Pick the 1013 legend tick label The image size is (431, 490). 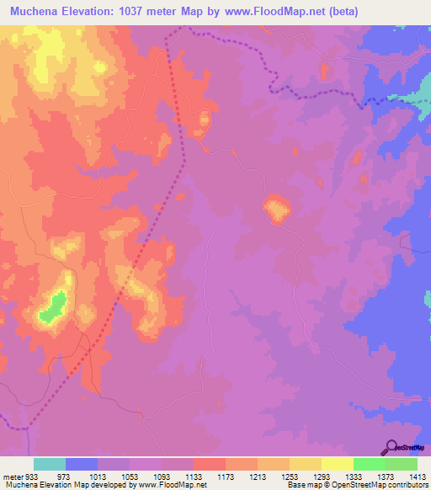pyautogui.click(x=98, y=476)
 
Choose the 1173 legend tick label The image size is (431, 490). pyautogui.click(x=226, y=476)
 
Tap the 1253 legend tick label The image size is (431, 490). pyautogui.click(x=290, y=476)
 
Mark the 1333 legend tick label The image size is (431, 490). pyautogui.click(x=354, y=476)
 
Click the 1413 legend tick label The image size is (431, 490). pyautogui.click(x=418, y=476)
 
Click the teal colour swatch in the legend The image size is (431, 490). pyautogui.click(x=50, y=464)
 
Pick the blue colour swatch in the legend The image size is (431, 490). pyautogui.click(x=82, y=464)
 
